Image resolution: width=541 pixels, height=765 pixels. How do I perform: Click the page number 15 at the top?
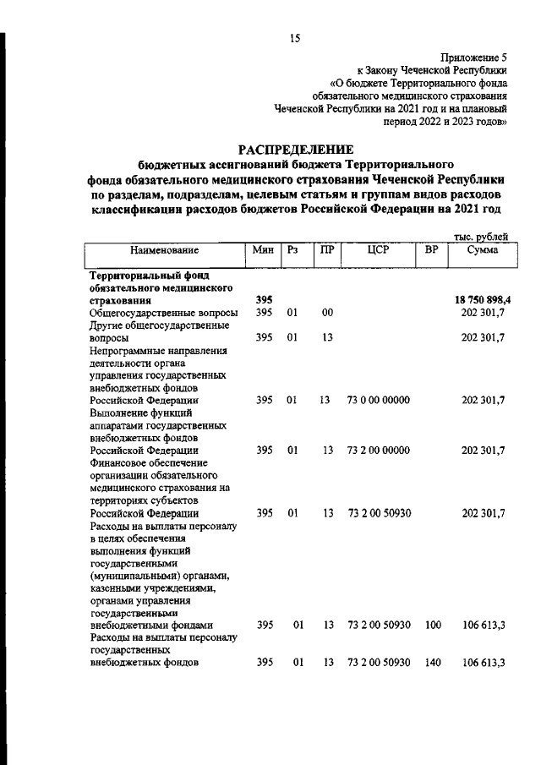pos(294,37)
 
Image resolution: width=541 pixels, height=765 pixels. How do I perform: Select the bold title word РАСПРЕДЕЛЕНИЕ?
pos(295,149)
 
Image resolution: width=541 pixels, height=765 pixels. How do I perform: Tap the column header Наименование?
pos(165,251)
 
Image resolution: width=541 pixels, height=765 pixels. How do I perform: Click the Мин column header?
pos(263,251)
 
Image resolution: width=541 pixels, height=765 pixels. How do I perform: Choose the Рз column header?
pos(293,251)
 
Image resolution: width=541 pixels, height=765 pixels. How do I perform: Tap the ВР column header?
pos(432,251)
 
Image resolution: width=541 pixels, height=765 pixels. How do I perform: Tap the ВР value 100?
pos(433,625)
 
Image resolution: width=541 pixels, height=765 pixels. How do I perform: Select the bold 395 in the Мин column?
pos(264,300)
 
